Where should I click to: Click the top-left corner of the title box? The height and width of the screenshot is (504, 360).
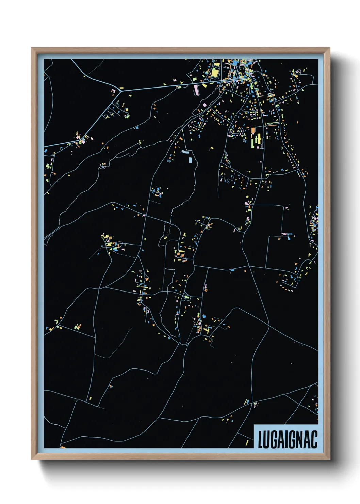[x=254, y=425]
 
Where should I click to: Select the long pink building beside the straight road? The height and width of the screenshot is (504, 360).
[x=196, y=90]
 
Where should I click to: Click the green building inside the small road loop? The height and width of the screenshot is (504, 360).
[x=186, y=297]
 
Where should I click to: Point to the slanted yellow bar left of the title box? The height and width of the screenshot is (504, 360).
[x=247, y=443]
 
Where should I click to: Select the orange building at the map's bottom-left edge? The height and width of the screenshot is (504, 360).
[x=63, y=447]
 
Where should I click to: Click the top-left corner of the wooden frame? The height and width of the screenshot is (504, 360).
[x=31, y=48]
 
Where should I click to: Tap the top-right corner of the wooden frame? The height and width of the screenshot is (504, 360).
[x=330, y=48]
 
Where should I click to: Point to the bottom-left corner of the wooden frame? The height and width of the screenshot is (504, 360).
[x=31, y=459]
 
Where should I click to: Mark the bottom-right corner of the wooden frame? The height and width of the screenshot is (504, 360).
[x=330, y=459]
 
